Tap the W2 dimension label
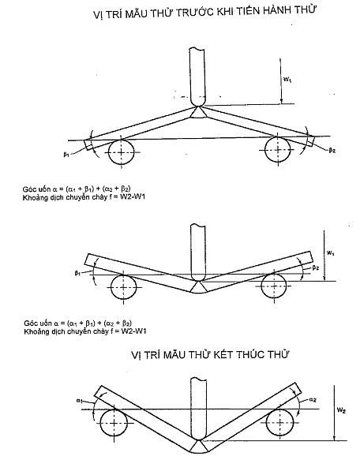(341, 410)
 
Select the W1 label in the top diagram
(287, 79)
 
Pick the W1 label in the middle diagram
(330, 252)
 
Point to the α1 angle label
(80, 401)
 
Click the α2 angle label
(313, 399)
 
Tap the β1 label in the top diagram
(66, 155)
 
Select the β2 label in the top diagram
(332, 151)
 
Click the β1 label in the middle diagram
(77, 273)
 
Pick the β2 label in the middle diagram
(316, 268)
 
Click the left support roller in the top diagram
(121, 152)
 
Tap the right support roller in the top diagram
(278, 150)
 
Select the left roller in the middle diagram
(123, 287)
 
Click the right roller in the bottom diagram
(279, 422)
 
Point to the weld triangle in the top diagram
(198, 113)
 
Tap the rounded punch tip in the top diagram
(198, 102)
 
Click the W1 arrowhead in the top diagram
(281, 101)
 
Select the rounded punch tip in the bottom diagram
(198, 436)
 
